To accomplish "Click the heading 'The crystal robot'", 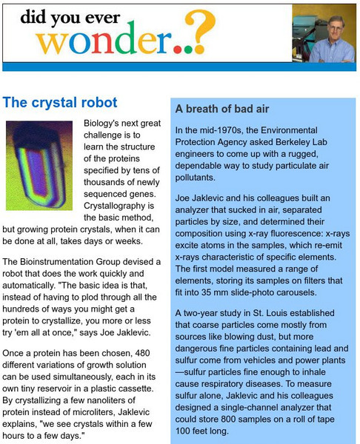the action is [x=59, y=101].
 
